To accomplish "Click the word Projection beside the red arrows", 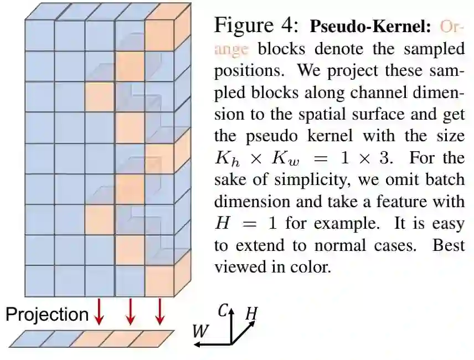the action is point(47,314).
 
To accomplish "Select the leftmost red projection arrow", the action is point(100,312).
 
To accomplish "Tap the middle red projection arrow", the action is point(130,312).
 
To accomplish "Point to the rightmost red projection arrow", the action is point(160,312).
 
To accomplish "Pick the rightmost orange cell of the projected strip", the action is point(150,338).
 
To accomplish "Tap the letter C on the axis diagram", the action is point(223,311).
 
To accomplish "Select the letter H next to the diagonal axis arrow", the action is point(251,314).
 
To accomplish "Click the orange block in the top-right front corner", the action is point(159,35).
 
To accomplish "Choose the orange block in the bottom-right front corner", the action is point(159,280).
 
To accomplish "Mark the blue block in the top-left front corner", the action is point(40,35).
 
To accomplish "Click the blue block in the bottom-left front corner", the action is point(40,280).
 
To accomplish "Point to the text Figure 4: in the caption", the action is point(256,25).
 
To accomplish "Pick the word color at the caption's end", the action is point(311,267).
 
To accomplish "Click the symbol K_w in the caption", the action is point(280,159).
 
